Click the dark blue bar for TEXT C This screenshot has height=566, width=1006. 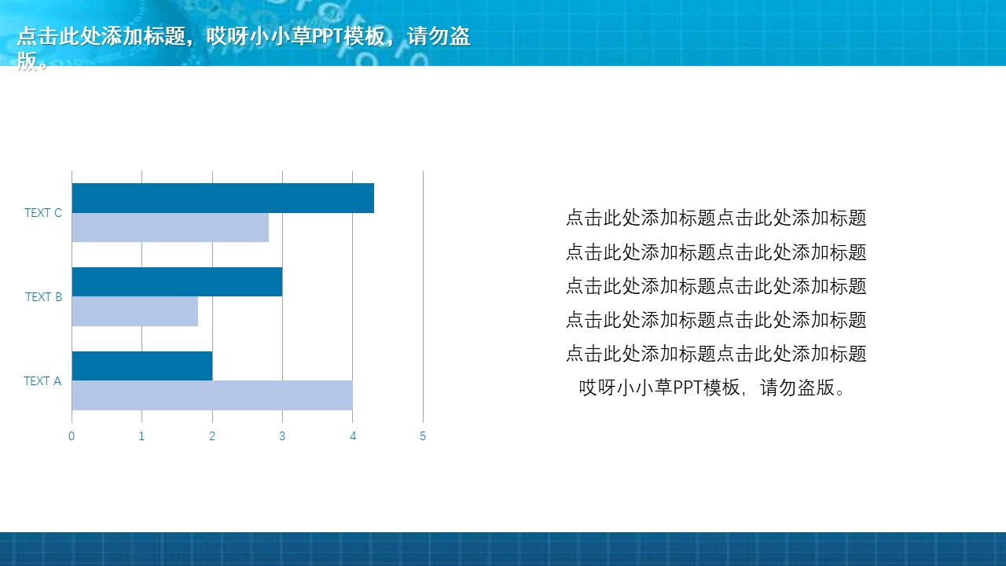click(222, 198)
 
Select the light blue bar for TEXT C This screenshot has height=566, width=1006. click(171, 228)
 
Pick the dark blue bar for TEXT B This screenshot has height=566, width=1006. click(177, 282)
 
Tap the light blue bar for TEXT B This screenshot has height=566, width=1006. click(134, 311)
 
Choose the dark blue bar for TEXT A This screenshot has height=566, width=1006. click(142, 366)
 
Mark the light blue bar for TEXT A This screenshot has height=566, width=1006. click(212, 395)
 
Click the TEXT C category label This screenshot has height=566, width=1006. click(43, 213)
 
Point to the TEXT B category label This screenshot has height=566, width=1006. click(43, 297)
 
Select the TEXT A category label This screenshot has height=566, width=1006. click(42, 381)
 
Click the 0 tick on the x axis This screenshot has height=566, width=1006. click(72, 436)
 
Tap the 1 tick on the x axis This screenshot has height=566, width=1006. click(141, 436)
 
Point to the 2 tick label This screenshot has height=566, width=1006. click(212, 436)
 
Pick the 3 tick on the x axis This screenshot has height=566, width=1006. click(282, 436)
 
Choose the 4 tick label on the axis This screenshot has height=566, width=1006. click(353, 436)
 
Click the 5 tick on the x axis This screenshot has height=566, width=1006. click(423, 436)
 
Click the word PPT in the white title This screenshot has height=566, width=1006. click(327, 36)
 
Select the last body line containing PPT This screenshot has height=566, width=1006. click(713, 388)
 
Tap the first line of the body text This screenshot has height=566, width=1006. click(716, 218)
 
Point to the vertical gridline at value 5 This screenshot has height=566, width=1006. click(423, 296)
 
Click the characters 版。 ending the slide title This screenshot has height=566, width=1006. click(33, 61)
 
